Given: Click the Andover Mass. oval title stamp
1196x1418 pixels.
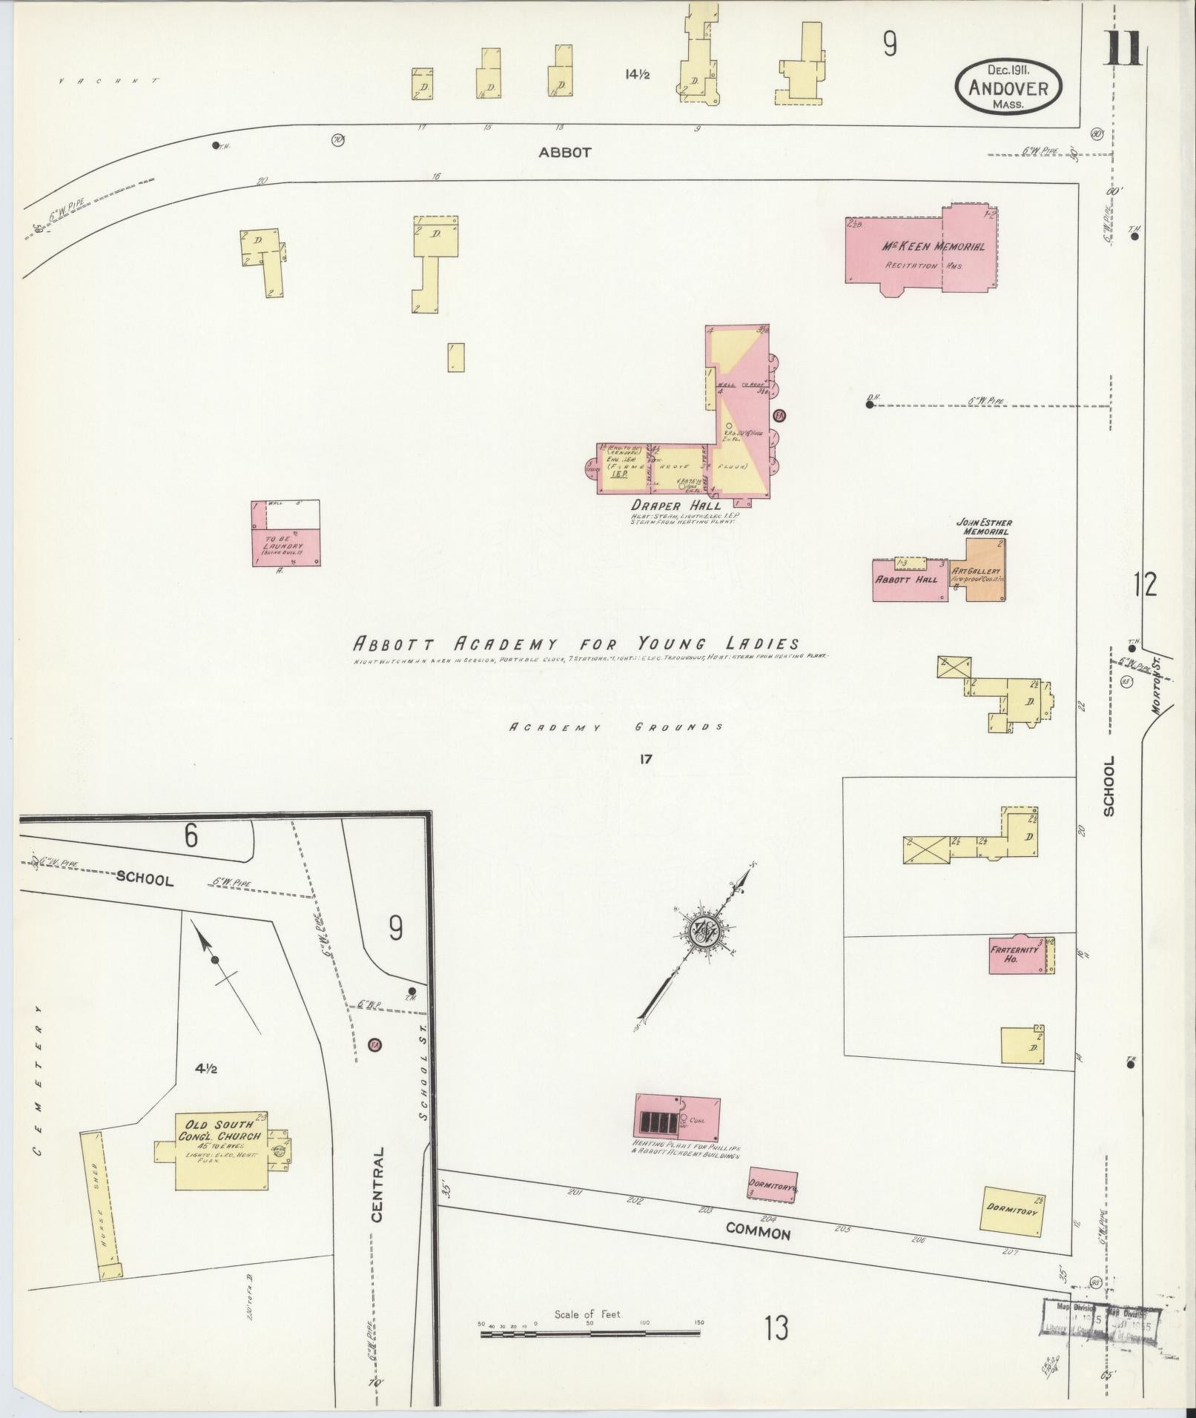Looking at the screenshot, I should [x=1008, y=87].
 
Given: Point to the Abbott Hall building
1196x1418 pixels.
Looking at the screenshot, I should [x=911, y=579].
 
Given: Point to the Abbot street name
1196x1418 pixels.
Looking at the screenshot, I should [x=565, y=153].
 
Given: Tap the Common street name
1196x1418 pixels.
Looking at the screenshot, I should [x=758, y=1231].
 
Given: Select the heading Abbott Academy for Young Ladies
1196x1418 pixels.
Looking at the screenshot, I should [x=576, y=643].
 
